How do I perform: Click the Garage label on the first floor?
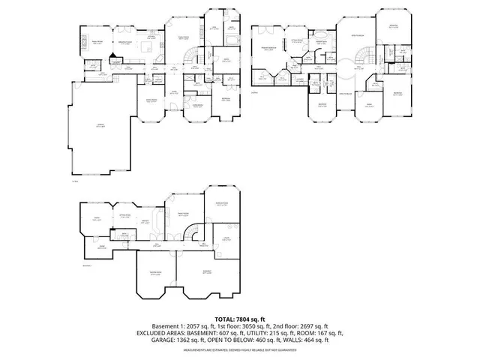click(x=100, y=126)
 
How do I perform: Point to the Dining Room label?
click(x=151, y=100)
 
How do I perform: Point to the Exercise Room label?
click(x=222, y=205)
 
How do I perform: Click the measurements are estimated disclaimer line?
click(x=239, y=349)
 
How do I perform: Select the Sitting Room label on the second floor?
click(x=297, y=40)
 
